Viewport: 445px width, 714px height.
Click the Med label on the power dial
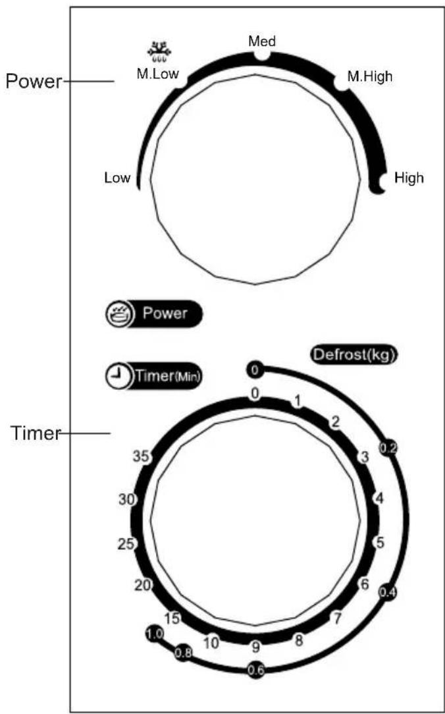261,41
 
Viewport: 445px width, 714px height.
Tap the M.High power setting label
369,76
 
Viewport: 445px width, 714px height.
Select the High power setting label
409,178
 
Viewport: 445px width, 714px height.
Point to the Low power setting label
117,178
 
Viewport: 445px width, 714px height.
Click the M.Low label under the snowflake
158,73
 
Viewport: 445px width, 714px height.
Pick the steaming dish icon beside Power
118,314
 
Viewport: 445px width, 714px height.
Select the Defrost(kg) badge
353,355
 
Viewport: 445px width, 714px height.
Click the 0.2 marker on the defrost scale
388,449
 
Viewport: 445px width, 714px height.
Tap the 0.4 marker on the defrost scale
388,592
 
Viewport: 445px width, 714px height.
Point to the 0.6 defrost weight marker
255,669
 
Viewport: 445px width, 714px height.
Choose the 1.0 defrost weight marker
154,634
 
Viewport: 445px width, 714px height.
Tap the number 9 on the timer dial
255,646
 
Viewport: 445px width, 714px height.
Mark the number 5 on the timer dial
380,543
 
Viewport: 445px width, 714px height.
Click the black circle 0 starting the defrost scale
255,370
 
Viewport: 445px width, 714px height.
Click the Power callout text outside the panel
33,82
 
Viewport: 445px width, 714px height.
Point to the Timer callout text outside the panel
36,433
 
